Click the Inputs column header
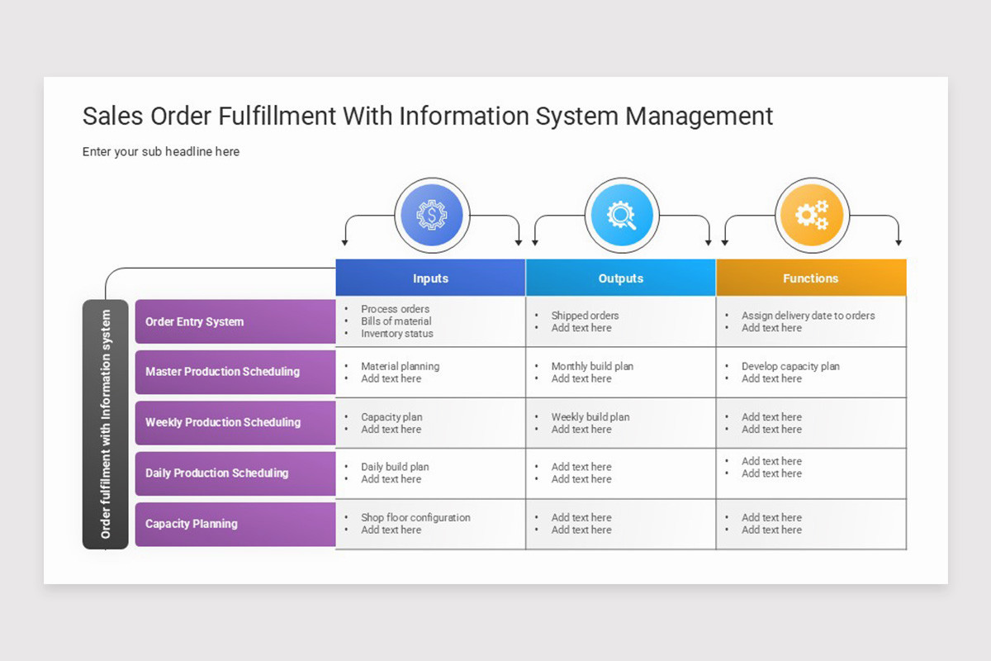point(430,278)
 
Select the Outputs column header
point(620,278)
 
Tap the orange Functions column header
point(810,278)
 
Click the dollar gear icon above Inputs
point(431,216)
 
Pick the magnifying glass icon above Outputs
point(621,216)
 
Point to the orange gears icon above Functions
point(811,216)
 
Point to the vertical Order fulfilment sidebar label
point(106,425)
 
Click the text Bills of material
point(396,321)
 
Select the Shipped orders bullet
point(585,316)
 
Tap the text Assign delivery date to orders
point(808,316)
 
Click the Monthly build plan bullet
point(592,366)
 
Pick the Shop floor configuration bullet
point(415,517)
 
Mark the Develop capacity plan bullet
point(790,366)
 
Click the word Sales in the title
point(112,116)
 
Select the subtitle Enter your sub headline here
point(161,152)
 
